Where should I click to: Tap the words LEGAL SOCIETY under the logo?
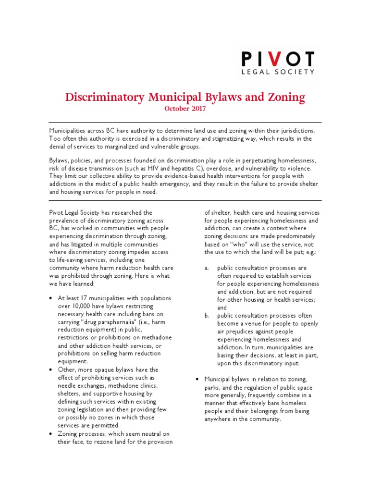point(278,72)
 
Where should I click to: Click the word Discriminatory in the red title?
point(104,98)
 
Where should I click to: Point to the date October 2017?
point(185,109)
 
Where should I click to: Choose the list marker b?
point(207,316)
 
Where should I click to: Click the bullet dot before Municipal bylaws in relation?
point(197,380)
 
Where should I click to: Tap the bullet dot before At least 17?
point(51,298)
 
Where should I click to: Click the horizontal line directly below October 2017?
point(184,122)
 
